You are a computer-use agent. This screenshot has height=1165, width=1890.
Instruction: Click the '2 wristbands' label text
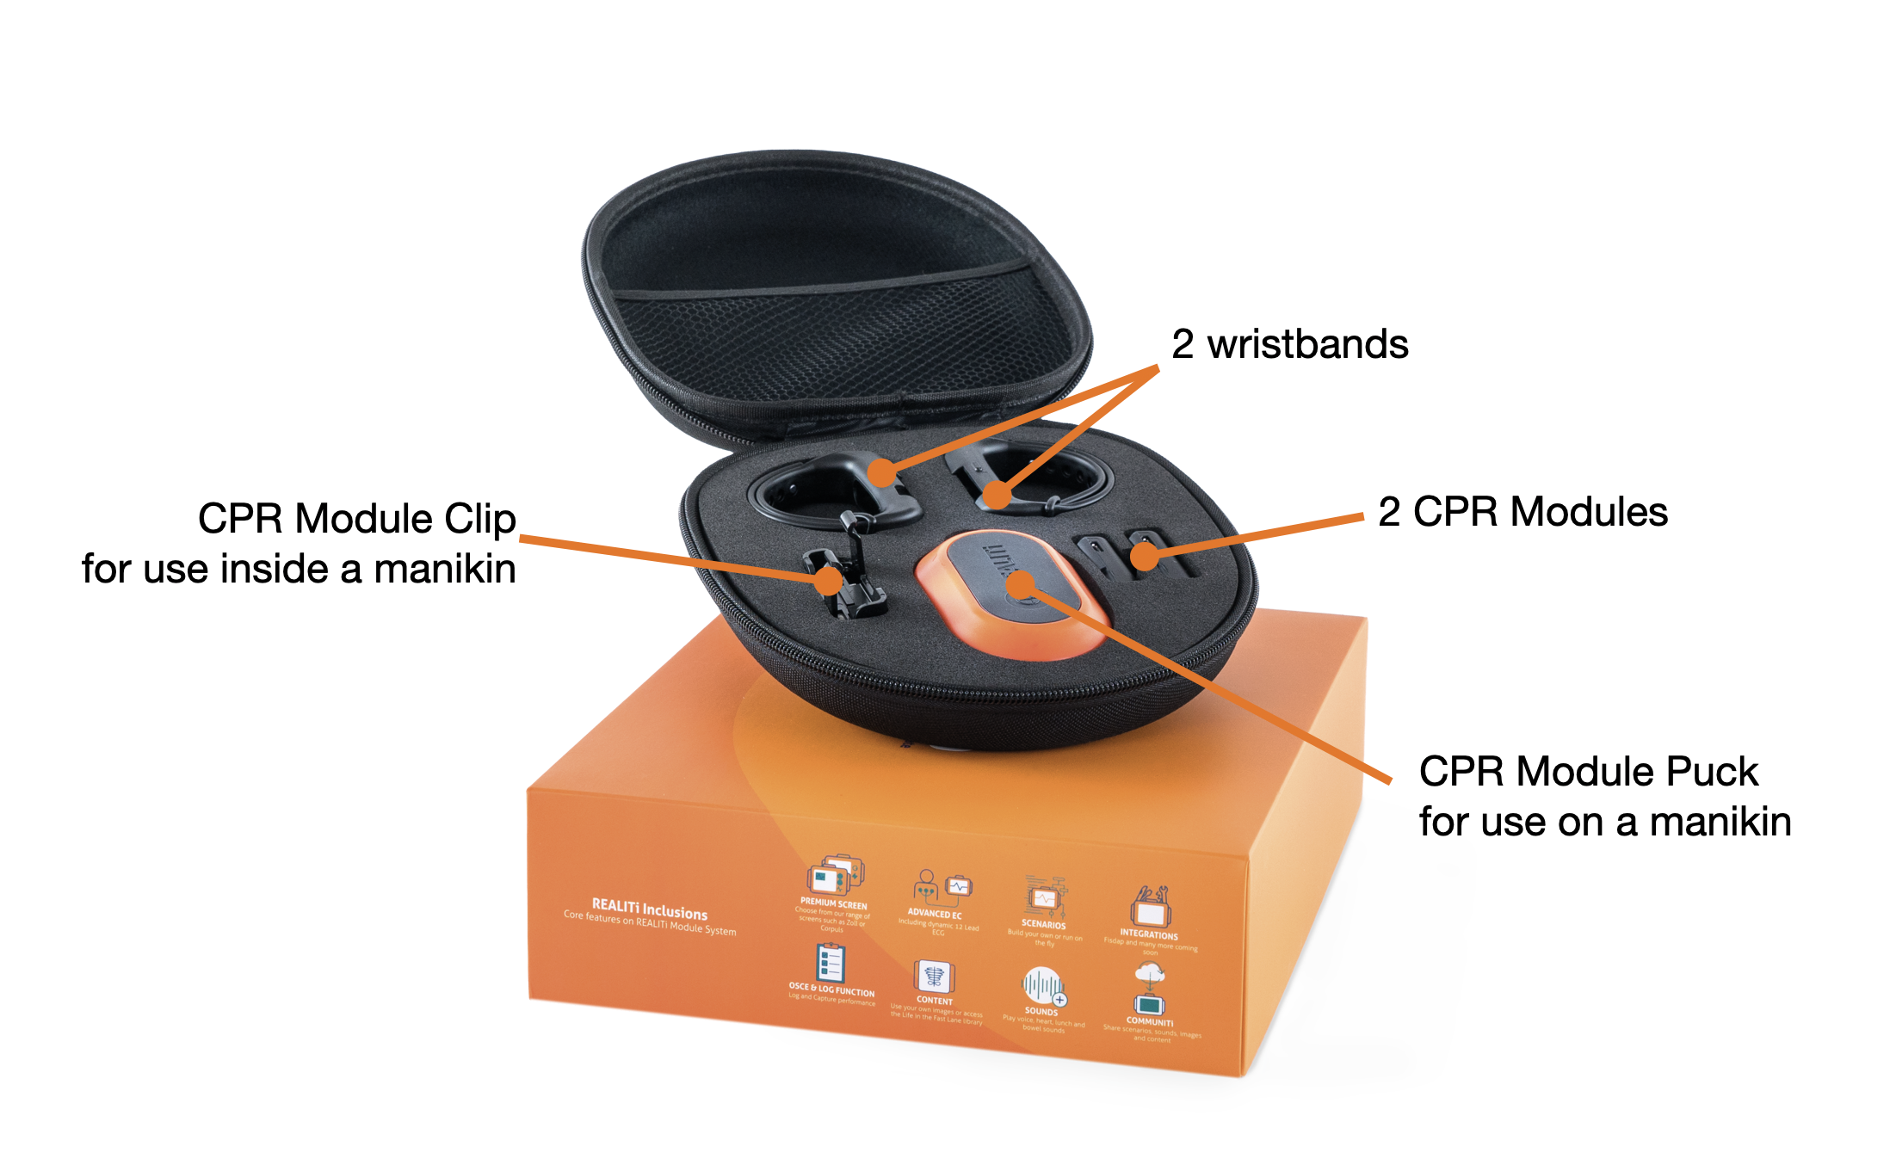[x=1289, y=344]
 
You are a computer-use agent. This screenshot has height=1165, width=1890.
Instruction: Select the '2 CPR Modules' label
[x=1522, y=512]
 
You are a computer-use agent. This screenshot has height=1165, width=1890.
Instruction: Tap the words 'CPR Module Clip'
[x=356, y=519]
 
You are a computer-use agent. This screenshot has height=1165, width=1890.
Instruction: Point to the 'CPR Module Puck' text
[x=1588, y=771]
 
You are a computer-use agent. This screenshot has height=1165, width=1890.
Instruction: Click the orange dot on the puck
[x=1021, y=585]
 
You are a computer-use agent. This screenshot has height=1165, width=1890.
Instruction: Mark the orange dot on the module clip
[x=828, y=580]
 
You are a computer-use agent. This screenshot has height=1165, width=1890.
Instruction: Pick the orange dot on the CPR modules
[x=1145, y=556]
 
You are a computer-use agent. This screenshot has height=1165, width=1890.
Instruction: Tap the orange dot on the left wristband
[x=881, y=472]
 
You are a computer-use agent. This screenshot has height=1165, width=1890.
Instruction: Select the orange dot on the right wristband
[x=997, y=495]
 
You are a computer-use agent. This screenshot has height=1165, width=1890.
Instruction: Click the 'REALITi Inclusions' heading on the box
[x=650, y=909]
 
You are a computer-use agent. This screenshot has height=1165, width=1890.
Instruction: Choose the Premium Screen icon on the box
[x=835, y=876]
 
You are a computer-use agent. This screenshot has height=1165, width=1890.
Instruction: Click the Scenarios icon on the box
[x=1045, y=897]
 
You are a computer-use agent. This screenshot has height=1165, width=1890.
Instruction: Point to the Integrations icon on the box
[x=1150, y=906]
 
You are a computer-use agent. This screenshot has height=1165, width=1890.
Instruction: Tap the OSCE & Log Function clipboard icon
[x=831, y=963]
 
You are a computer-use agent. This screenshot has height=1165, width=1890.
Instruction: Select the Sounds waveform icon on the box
[x=1043, y=986]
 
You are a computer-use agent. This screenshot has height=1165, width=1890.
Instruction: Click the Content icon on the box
[x=935, y=977]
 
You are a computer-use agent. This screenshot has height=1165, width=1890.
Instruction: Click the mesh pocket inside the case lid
[x=826, y=344]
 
